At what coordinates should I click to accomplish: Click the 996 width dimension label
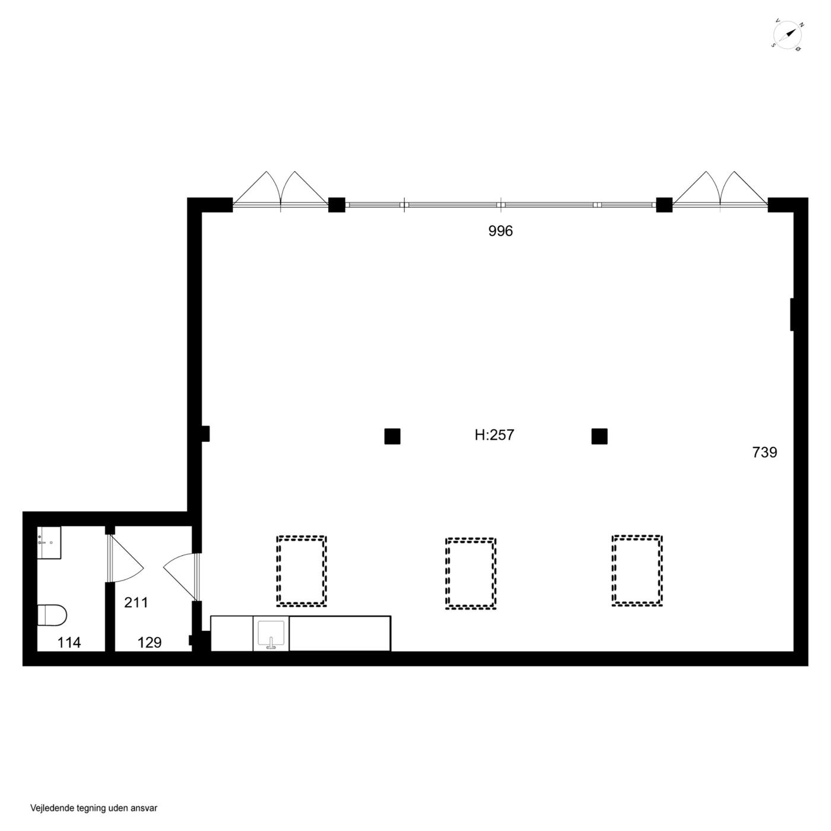click(500, 231)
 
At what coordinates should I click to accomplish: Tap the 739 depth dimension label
click(765, 452)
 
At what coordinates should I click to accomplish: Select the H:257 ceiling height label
click(494, 434)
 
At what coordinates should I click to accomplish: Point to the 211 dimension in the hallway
click(136, 602)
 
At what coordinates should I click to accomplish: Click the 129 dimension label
click(149, 643)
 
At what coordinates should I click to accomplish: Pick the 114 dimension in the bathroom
click(69, 643)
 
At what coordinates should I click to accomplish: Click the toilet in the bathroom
click(52, 614)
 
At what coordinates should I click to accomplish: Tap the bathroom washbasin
click(49, 543)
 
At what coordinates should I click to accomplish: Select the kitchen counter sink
click(271, 635)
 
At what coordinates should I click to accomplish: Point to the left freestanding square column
click(392, 436)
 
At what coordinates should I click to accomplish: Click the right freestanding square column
click(600, 436)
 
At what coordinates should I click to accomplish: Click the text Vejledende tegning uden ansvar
click(94, 808)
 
